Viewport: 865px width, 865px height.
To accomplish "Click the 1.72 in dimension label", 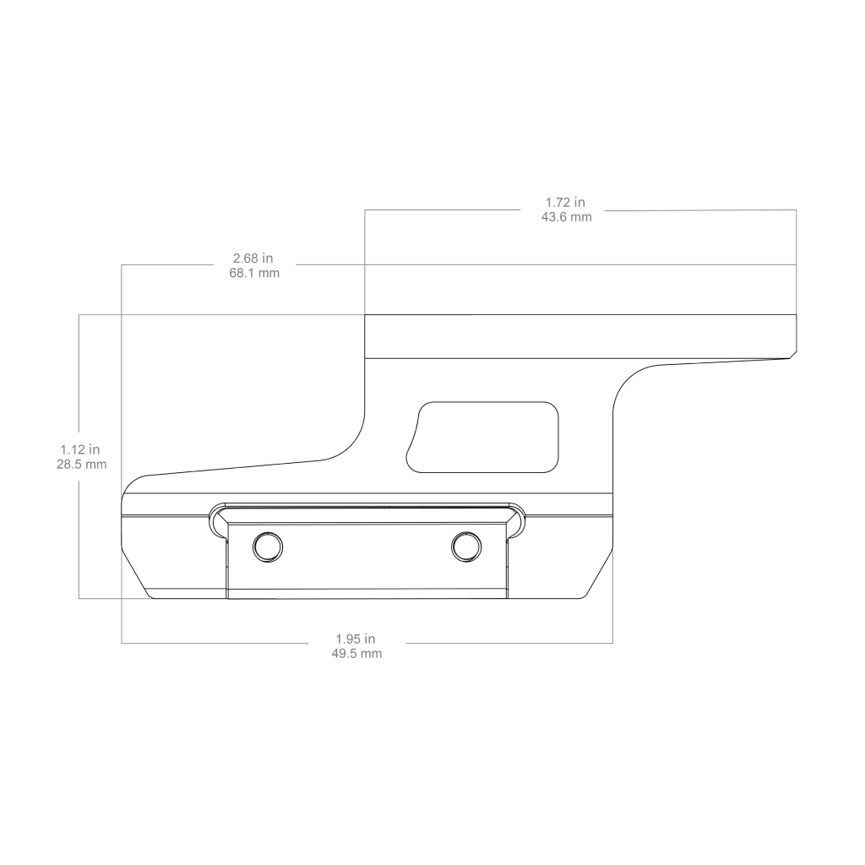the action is (565, 203).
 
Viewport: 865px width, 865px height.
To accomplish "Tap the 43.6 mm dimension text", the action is (566, 217).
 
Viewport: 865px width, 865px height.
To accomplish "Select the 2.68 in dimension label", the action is (253, 258).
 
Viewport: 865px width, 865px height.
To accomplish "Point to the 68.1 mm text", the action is (254, 273).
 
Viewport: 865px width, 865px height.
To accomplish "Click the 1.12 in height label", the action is (80, 449).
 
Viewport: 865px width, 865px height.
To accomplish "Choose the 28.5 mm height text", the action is (81, 464).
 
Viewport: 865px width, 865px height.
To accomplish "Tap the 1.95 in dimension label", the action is (356, 639).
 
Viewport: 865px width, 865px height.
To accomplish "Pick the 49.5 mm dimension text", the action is (356, 654).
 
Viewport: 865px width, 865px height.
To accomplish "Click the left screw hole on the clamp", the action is (268, 547).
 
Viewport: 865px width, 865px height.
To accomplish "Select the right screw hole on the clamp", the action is (466, 547).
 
